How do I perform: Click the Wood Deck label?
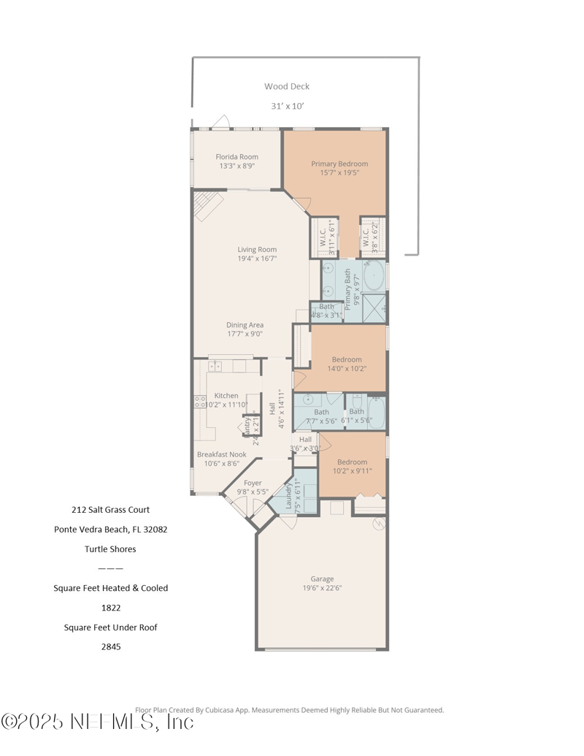(287, 86)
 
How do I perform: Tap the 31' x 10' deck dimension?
(287, 106)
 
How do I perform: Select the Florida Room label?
(237, 157)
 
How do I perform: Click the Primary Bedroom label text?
(339, 164)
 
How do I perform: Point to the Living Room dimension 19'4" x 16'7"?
(256, 258)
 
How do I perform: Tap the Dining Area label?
(245, 325)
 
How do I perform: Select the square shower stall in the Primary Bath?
(374, 309)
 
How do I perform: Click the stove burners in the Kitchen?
(199, 400)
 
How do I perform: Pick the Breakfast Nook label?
(221, 454)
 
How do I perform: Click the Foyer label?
(253, 483)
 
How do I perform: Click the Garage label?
(322, 579)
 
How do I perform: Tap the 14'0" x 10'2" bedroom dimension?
(347, 368)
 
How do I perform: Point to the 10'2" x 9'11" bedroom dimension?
(352, 470)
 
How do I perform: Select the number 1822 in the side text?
(110, 607)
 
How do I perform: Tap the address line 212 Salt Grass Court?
(110, 510)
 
